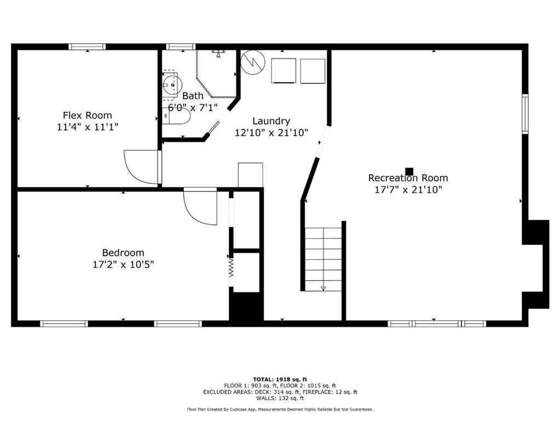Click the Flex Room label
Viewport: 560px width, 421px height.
click(87, 115)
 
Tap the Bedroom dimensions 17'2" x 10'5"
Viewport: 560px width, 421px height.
click(123, 264)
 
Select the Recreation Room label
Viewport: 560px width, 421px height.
click(408, 178)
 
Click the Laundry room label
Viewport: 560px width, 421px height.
click(271, 121)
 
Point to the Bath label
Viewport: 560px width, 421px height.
click(193, 96)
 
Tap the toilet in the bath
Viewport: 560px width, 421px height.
click(176, 116)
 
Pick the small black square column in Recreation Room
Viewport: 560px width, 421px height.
click(409, 171)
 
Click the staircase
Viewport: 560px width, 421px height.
click(324, 258)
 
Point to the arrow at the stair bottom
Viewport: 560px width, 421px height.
click(323, 287)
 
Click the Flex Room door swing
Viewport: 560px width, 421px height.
click(141, 167)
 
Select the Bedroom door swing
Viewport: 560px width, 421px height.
click(200, 207)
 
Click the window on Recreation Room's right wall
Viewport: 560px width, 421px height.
click(525, 113)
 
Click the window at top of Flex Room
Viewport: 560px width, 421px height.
click(87, 47)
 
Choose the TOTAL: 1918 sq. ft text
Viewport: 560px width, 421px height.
click(280, 379)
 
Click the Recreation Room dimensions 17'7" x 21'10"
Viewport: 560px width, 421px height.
click(408, 190)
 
